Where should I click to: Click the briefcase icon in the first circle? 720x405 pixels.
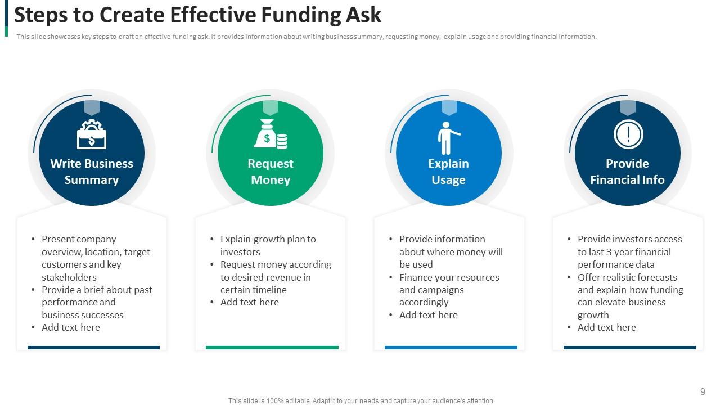click(x=91, y=135)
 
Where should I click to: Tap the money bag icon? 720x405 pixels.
click(x=270, y=135)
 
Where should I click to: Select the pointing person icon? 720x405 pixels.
click(x=448, y=137)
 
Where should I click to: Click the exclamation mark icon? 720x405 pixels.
click(x=628, y=134)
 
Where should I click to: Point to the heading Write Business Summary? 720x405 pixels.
click(x=91, y=172)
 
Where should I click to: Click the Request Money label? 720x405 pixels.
click(x=270, y=172)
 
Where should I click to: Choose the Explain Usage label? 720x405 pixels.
click(x=448, y=172)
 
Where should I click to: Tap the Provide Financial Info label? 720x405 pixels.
click(x=627, y=172)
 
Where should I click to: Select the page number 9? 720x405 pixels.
click(x=703, y=391)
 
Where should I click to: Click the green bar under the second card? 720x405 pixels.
click(x=272, y=348)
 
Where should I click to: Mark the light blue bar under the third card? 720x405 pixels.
click(x=451, y=348)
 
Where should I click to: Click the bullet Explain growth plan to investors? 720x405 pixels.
click(x=268, y=245)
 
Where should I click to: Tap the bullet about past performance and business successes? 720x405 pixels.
click(x=97, y=302)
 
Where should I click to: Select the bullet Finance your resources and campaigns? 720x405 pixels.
click(x=449, y=290)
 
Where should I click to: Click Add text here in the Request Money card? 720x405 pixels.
click(x=249, y=302)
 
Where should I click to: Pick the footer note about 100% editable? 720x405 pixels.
click(x=361, y=401)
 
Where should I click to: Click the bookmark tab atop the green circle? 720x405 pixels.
click(x=270, y=107)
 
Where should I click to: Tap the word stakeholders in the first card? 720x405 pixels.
click(x=69, y=277)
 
